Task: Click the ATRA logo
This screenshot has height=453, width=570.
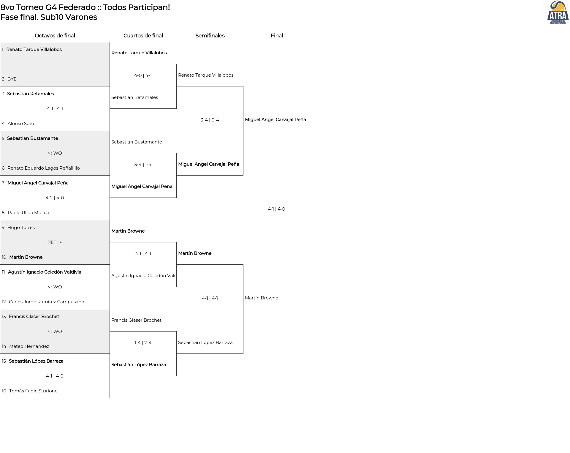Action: pyautogui.click(x=558, y=12)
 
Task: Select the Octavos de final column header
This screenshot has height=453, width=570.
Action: pyautogui.click(x=55, y=36)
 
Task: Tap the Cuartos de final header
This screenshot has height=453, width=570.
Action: pyautogui.click(x=143, y=36)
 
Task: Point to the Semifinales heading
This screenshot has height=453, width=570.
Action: pyautogui.click(x=210, y=36)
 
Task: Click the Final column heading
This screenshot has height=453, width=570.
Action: pyautogui.click(x=277, y=36)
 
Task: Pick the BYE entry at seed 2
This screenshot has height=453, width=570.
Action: pyautogui.click(x=12, y=79)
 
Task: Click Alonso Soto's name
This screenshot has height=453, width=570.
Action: pyautogui.click(x=21, y=124)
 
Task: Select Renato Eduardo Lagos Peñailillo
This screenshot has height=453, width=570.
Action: pyautogui.click(x=44, y=168)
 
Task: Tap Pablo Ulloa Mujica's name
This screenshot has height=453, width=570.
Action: pyautogui.click(x=28, y=213)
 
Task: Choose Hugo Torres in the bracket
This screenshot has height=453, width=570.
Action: pyautogui.click(x=21, y=228)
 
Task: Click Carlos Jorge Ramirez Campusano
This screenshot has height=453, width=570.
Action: pyautogui.click(x=47, y=302)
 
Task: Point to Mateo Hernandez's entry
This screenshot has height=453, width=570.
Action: pyautogui.click(x=29, y=346)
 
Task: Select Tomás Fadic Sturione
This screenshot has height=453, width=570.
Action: pyautogui.click(x=33, y=391)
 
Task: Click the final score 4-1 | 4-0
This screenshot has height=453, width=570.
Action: pyautogui.click(x=276, y=209)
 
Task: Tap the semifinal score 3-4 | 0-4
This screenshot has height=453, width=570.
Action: pyautogui.click(x=210, y=120)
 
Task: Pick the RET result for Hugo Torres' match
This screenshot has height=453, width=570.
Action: pyautogui.click(x=55, y=242)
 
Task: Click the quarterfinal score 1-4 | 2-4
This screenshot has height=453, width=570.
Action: pyautogui.click(x=143, y=343)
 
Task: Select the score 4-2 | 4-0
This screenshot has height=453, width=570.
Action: pyautogui.click(x=55, y=198)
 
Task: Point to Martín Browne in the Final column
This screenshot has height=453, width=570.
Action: pyautogui.click(x=262, y=298)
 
